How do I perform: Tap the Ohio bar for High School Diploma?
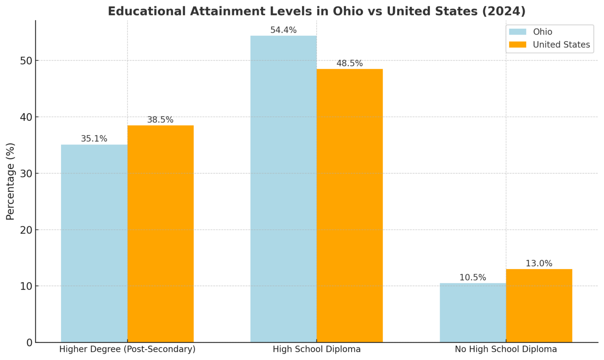[x=283, y=189]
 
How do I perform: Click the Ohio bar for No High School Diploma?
[x=473, y=312]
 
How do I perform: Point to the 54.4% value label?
[x=283, y=30]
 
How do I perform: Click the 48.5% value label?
[x=350, y=63]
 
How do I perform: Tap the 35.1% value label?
[x=94, y=139]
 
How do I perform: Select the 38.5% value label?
[x=160, y=120]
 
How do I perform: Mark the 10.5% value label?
[x=473, y=278]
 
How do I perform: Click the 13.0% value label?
[x=539, y=264]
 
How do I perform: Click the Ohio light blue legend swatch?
[x=517, y=32]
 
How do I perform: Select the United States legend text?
[x=561, y=45]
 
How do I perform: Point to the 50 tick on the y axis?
[x=27, y=61]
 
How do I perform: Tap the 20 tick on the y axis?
[x=27, y=230]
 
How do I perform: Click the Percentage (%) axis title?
[x=10, y=181]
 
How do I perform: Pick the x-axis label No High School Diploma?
[x=506, y=349]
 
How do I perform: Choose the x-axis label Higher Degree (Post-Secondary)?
[x=127, y=349]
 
